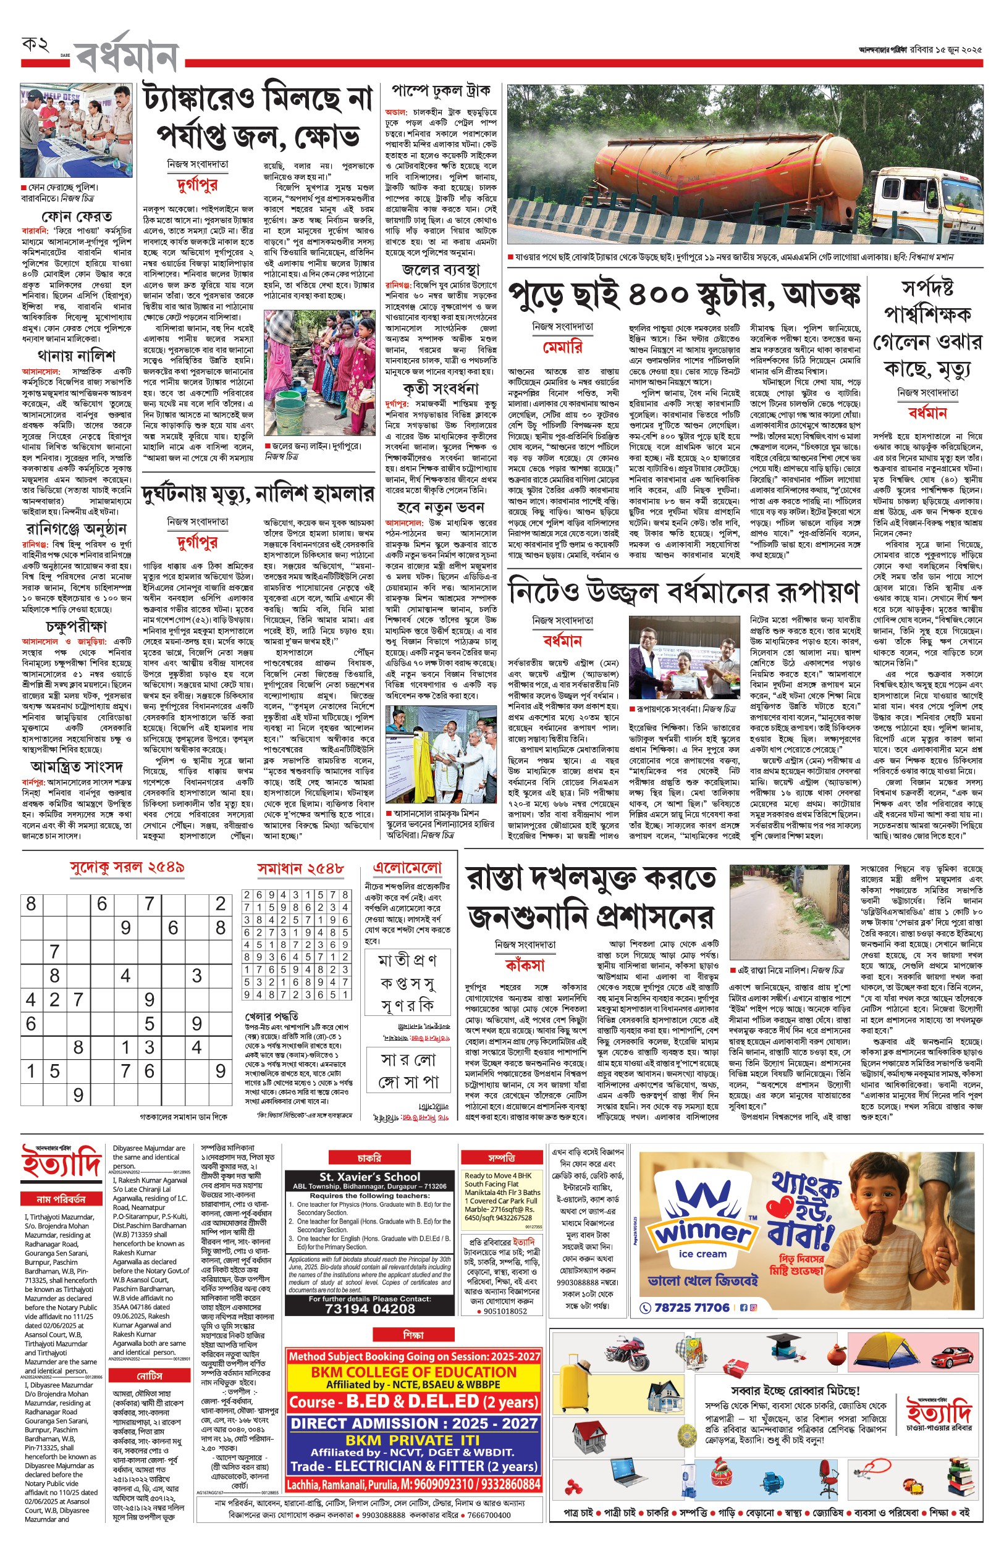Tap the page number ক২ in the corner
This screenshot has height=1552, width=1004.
coord(35,45)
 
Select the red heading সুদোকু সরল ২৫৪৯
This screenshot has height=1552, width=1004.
coord(127,867)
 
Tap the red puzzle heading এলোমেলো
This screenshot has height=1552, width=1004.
coord(407,867)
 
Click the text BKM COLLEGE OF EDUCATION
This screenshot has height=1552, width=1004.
coord(413,1372)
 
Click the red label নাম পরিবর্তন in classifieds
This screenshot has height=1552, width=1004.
coord(61,1199)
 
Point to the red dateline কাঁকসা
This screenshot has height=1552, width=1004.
coord(525,965)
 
